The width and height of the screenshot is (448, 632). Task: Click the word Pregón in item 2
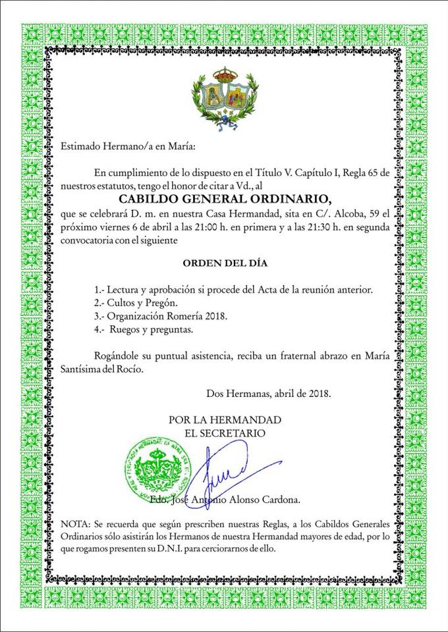click(x=164, y=303)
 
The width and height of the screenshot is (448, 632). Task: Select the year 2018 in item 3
click(x=216, y=316)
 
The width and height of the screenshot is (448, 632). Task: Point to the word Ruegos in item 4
click(x=126, y=329)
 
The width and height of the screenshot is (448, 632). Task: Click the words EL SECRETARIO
click(x=225, y=433)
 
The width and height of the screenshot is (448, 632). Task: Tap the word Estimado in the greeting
click(x=81, y=145)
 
